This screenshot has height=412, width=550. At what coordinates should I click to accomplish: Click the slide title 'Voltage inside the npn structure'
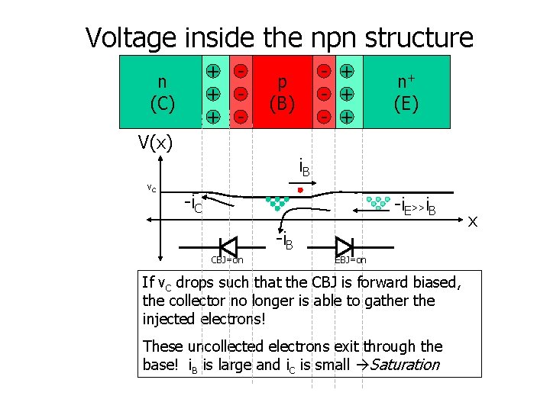click(x=280, y=37)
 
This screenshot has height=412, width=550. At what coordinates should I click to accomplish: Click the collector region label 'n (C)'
click(x=162, y=92)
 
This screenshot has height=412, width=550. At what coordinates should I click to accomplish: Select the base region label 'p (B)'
click(x=283, y=92)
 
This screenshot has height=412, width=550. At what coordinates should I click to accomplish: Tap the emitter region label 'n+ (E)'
click(x=406, y=92)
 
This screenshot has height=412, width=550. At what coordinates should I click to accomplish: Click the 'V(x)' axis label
click(x=155, y=142)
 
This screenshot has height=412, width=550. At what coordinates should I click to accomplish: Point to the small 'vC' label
click(x=152, y=188)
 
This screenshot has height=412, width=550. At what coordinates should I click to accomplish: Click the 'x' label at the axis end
click(x=473, y=221)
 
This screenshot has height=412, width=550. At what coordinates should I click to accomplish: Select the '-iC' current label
click(x=194, y=204)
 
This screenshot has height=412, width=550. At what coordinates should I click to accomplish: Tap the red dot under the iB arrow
click(x=301, y=189)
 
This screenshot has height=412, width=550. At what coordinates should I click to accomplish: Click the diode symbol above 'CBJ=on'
click(x=228, y=246)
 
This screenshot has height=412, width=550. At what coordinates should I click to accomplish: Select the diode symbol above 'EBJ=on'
click(x=344, y=246)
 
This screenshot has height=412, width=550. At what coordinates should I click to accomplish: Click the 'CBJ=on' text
click(x=227, y=261)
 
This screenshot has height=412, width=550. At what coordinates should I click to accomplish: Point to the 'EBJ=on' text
click(x=350, y=261)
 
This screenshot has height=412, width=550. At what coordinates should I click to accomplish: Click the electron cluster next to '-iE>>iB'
click(x=378, y=203)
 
